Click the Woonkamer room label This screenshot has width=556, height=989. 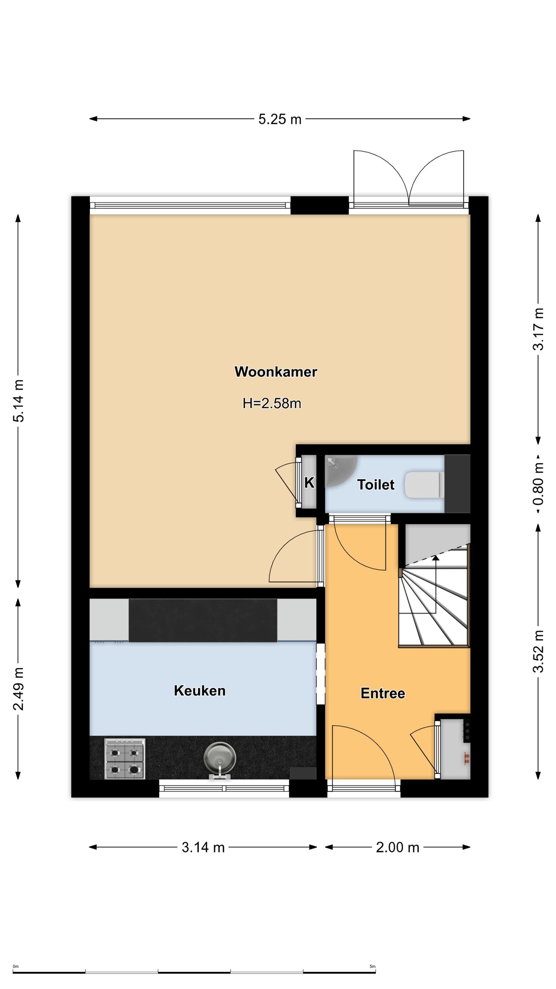[x=276, y=372]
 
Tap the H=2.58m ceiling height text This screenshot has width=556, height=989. [x=272, y=403]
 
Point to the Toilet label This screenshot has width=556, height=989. [x=376, y=485]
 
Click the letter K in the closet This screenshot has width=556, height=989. [x=309, y=482]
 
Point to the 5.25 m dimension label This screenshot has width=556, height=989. [x=280, y=120]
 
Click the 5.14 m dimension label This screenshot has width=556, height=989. [x=19, y=401]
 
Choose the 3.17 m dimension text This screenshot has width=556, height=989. [x=538, y=329]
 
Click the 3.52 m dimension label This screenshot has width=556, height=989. [x=538, y=651]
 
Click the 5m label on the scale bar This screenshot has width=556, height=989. [x=372, y=966]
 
